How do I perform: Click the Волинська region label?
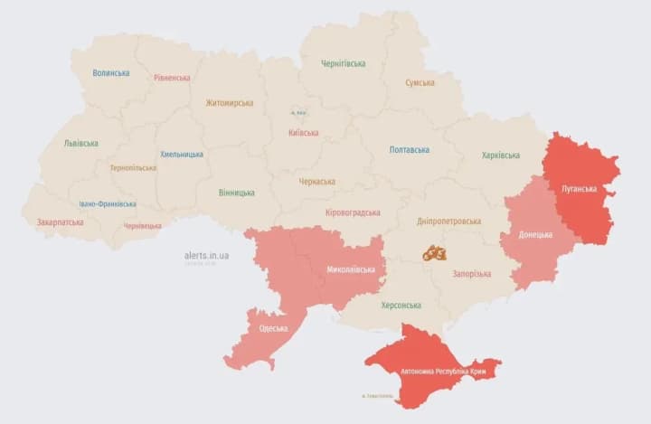[x=110, y=73]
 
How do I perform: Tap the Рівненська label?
[x=172, y=78]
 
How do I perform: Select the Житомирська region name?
[x=229, y=103]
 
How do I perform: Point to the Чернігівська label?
[x=344, y=63]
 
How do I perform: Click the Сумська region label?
[x=420, y=82]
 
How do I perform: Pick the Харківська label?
[x=501, y=155]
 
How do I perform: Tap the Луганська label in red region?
[x=579, y=189]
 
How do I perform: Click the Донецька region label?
[x=535, y=235]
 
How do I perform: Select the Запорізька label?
[x=472, y=273]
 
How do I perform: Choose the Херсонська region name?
[x=401, y=306]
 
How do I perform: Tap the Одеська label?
[x=273, y=328]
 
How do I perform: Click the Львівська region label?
[x=81, y=143]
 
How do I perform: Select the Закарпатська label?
[x=61, y=221]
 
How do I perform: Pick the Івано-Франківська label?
[x=108, y=204]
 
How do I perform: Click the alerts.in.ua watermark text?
[x=206, y=256]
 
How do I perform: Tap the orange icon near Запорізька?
[x=434, y=253]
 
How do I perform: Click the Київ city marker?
[x=298, y=113]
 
